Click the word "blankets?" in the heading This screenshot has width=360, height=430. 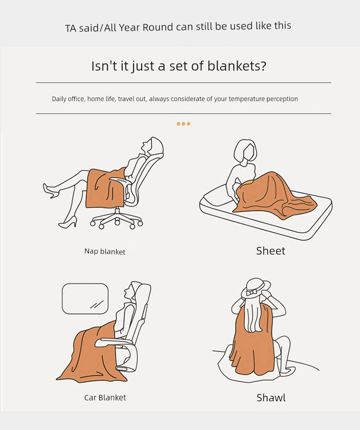click(x=237, y=66)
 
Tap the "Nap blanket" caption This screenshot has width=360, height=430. click(x=105, y=251)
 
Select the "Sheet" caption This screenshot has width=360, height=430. click(x=271, y=251)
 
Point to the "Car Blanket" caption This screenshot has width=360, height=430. click(x=105, y=398)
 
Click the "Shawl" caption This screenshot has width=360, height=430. click(x=271, y=398)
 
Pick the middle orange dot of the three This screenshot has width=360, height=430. click(x=184, y=124)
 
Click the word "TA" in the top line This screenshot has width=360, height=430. click(x=71, y=28)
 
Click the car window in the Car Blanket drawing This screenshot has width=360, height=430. click(x=85, y=299)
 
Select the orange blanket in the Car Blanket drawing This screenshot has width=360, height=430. click(x=91, y=354)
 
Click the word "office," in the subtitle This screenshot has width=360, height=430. click(x=76, y=99)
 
